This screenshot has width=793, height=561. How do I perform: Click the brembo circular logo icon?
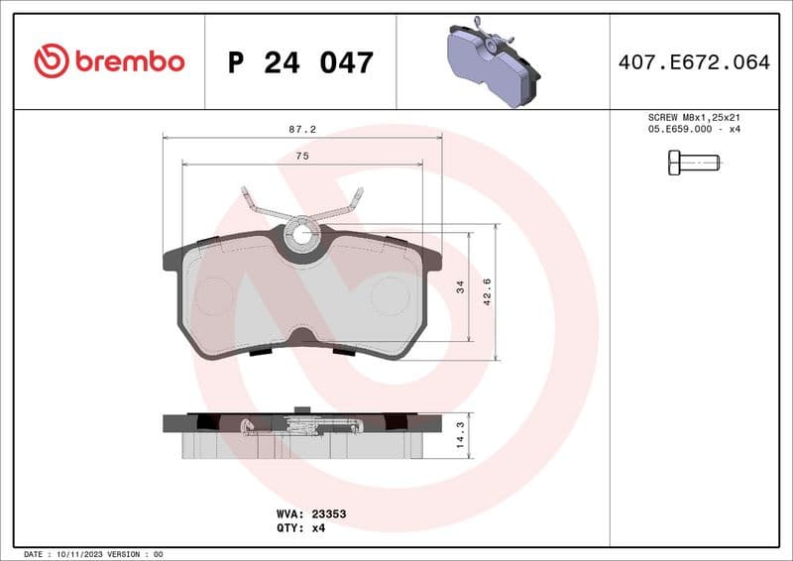pos(51,61)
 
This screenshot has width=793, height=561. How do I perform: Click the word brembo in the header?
pos(128,61)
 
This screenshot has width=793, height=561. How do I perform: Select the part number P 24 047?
pos(299,62)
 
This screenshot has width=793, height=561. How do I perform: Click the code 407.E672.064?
pos(693,62)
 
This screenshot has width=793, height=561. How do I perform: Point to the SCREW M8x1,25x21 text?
pos(694,117)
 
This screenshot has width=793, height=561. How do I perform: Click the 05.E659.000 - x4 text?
pos(694,130)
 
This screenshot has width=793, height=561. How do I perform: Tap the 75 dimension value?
pos(301,157)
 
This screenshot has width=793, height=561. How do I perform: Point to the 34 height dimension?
pos(460,287)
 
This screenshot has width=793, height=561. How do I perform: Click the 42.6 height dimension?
pos(487,292)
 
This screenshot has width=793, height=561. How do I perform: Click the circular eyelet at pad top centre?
pos(302,235)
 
